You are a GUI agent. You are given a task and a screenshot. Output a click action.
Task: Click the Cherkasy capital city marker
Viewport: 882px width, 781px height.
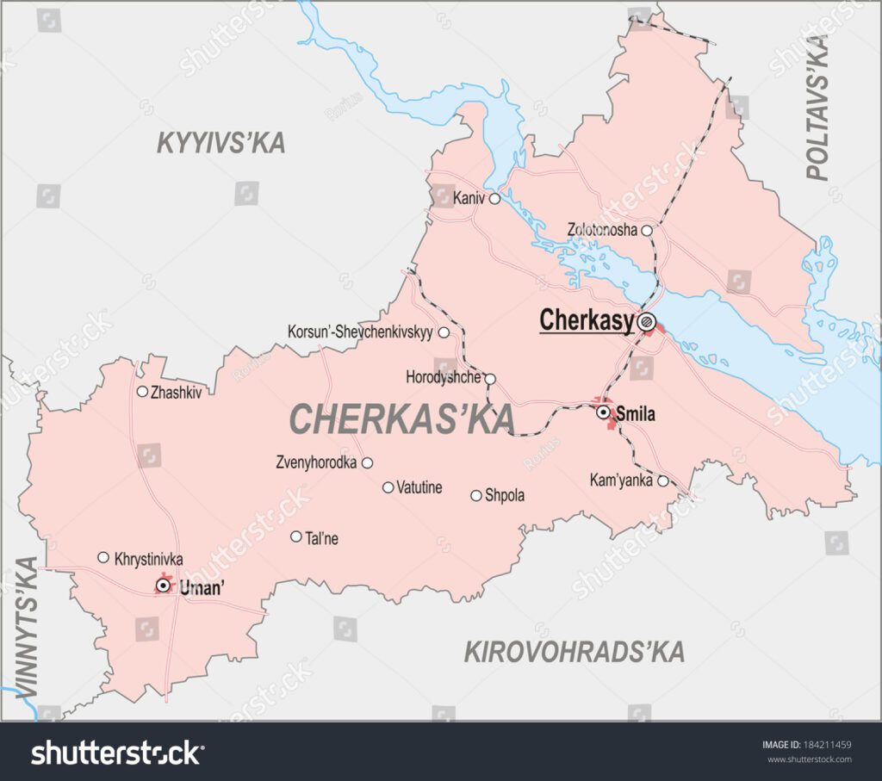(647, 322)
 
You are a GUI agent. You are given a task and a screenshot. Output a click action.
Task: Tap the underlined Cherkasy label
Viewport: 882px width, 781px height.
(587, 320)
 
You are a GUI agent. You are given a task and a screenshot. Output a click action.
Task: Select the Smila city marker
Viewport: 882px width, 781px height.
(604, 413)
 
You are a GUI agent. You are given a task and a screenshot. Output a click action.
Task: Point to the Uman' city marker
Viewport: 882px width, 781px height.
(162, 586)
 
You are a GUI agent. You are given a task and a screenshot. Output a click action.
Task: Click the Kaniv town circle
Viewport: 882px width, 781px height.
(494, 199)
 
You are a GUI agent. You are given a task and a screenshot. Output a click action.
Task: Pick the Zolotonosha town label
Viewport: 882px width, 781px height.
(602, 230)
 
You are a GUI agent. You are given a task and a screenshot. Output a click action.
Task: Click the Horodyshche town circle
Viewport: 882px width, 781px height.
(490, 378)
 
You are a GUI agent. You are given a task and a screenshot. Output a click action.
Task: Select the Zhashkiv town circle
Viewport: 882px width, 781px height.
(142, 391)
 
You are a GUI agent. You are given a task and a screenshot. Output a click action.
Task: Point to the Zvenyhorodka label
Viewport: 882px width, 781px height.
(316, 462)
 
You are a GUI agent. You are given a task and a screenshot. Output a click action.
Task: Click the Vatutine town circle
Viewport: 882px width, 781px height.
(388, 487)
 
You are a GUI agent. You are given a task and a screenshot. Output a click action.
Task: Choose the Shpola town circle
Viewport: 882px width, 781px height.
(475, 495)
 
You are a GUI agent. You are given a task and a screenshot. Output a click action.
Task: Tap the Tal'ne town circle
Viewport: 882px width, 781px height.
(296, 536)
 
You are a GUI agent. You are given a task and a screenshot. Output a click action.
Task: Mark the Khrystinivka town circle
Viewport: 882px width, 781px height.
(103, 557)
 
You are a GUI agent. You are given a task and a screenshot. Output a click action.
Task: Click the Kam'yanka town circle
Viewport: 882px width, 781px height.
(662, 480)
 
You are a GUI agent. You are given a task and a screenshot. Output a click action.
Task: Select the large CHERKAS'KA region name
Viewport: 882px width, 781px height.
(402, 419)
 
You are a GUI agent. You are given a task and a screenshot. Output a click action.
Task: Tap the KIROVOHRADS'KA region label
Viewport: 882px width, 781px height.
(575, 652)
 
